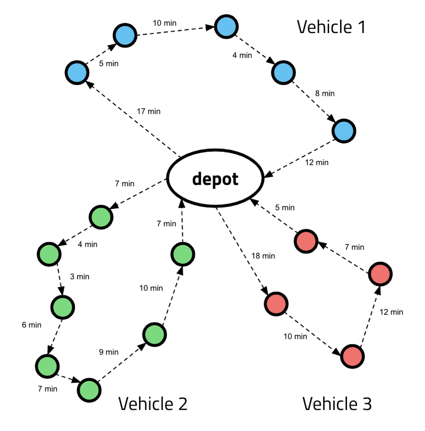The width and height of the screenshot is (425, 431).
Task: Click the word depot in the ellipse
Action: pos(215,180)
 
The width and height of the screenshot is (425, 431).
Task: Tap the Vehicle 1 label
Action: pos(331,27)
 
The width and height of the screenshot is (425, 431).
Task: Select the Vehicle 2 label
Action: pos(153,404)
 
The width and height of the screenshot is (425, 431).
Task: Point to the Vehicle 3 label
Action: pos(337,404)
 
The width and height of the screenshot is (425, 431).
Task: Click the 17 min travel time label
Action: pos(148,112)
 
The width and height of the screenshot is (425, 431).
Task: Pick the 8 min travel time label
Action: pos(325,93)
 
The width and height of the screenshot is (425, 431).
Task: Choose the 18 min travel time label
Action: pos(263,256)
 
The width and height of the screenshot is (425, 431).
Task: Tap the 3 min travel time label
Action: pos(80,277)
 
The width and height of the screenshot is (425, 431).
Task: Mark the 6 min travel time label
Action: pos(32,325)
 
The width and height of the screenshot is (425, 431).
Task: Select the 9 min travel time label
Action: pos(109,352)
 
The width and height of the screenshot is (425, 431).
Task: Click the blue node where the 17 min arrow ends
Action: pos(77,73)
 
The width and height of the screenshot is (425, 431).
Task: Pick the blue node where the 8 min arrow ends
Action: pos(344,131)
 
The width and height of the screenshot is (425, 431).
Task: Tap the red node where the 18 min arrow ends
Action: pos(276,304)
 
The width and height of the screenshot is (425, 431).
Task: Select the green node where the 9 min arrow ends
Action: pos(154,334)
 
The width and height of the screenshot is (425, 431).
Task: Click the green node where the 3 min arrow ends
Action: pos(63,307)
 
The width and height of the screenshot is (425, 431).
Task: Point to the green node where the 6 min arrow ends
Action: pos(47,366)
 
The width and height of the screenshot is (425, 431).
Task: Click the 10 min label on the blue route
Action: pos(165,23)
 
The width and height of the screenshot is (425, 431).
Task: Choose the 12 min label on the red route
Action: pos(391,312)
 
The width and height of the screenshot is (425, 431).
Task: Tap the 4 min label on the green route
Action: pos(87,244)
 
